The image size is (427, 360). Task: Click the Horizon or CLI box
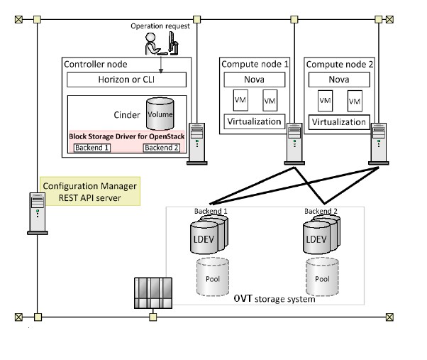point(126,80)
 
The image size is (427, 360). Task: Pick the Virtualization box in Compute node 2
point(338,121)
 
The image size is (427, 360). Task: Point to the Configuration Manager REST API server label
point(89,191)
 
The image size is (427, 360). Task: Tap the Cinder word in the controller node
point(127,114)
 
